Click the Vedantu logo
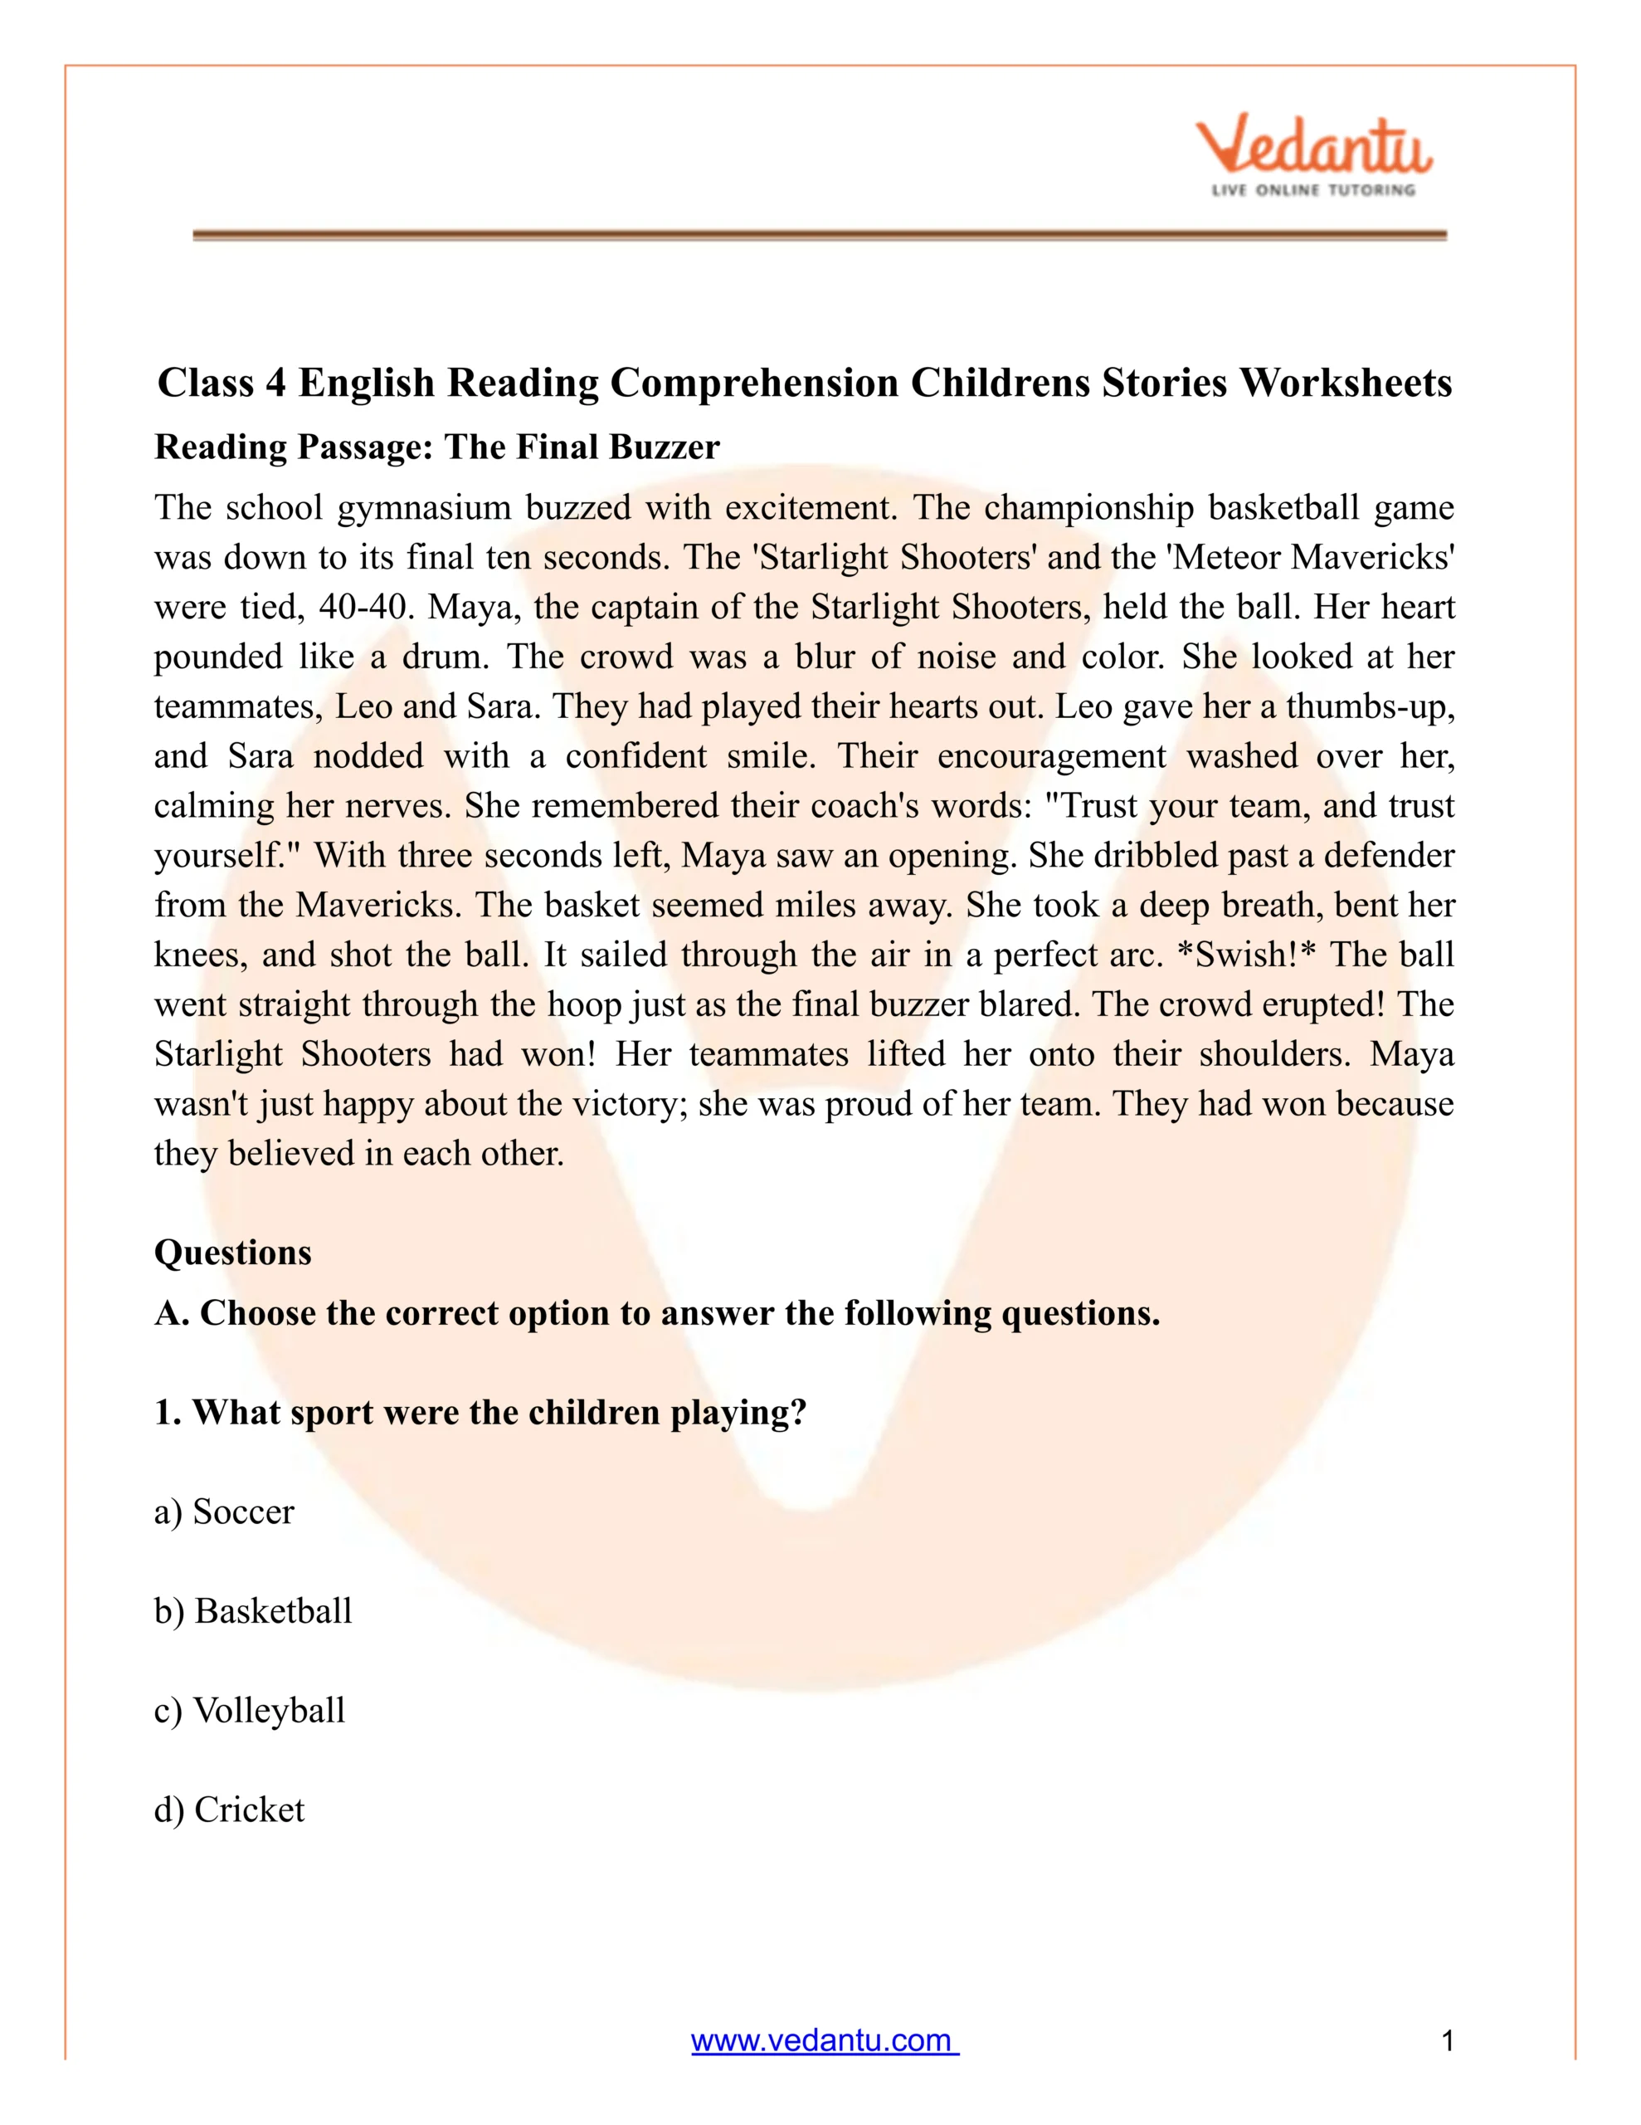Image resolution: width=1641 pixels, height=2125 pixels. click(x=1313, y=147)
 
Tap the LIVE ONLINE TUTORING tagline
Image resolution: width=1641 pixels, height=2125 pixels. click(x=1312, y=190)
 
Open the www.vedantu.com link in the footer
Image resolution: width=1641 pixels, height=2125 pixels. click(x=824, y=2040)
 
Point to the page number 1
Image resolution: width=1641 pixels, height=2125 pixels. click(x=1448, y=2040)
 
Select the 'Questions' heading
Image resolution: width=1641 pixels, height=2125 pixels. click(x=232, y=1253)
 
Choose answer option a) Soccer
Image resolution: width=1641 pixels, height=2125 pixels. click(x=224, y=1511)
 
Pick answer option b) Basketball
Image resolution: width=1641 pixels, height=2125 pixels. click(x=253, y=1610)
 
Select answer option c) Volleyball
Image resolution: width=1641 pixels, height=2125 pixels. click(x=249, y=1709)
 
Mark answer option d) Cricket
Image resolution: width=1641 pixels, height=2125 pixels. click(x=229, y=1809)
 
